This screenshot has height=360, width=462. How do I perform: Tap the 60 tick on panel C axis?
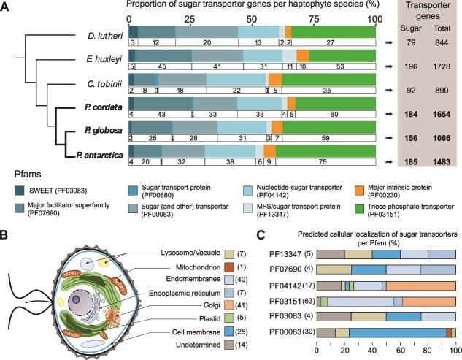tap(400, 351)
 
